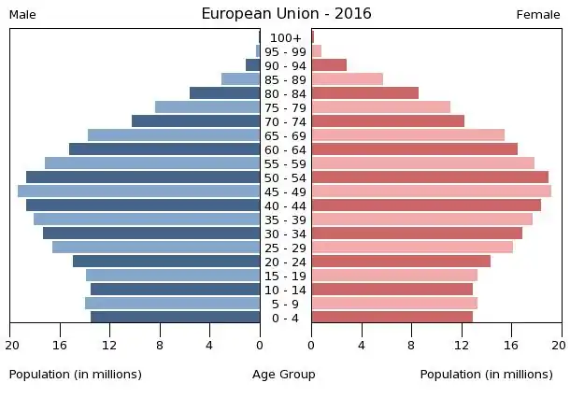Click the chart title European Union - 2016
pyautogui.click(x=286, y=13)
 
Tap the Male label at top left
pyautogui.click(x=22, y=15)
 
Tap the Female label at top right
pyautogui.click(x=537, y=15)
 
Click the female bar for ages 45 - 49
pyautogui.click(x=431, y=191)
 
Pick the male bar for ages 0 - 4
pyautogui.click(x=175, y=317)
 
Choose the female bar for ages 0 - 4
pyautogui.click(x=392, y=317)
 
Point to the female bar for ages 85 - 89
pyautogui.click(x=347, y=79)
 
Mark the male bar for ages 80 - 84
pyautogui.click(x=224, y=93)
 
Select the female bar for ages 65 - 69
pyautogui.click(x=407, y=135)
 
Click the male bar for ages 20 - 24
pyautogui.click(x=166, y=262)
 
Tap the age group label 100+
pyautogui.click(x=285, y=37)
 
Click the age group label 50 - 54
pyautogui.click(x=285, y=177)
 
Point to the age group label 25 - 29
pyautogui.click(x=285, y=248)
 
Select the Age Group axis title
pyautogui.click(x=284, y=375)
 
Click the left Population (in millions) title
pyautogui.click(x=76, y=375)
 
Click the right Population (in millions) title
pyautogui.click(x=486, y=375)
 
